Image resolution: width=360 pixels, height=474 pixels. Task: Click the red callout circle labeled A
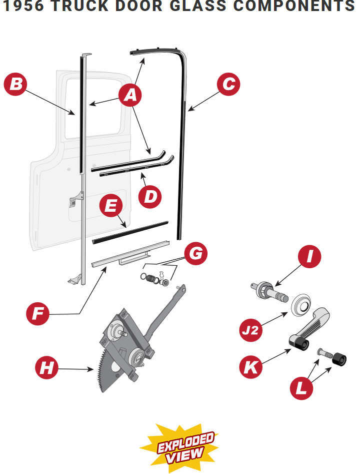click(130, 95)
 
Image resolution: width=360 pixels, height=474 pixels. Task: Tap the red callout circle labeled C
click(228, 84)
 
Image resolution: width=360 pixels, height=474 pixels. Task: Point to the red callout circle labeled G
click(196, 254)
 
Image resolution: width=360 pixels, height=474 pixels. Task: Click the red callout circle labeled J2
click(251, 331)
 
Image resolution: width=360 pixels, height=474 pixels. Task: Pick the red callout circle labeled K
click(251, 367)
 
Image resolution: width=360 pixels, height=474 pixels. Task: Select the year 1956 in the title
click(23, 7)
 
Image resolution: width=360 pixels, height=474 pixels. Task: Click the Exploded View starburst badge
click(180, 447)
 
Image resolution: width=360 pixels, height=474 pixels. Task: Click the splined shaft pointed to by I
click(270, 291)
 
